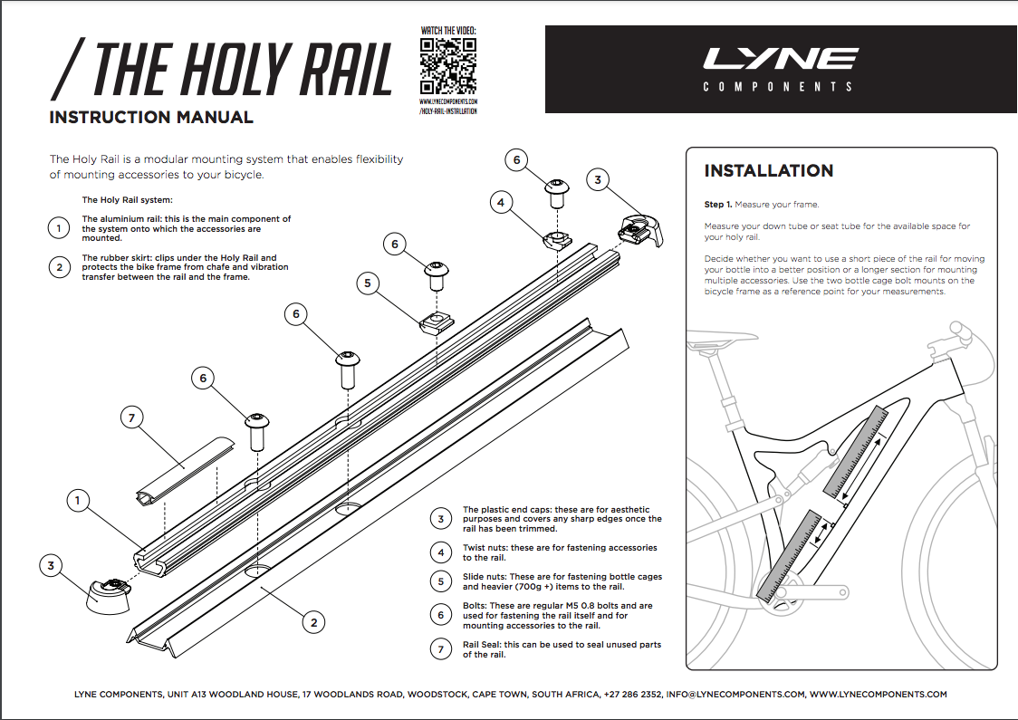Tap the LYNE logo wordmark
point(780,60)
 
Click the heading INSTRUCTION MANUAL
point(151,118)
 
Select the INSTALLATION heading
point(769,171)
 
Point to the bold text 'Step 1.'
point(718,205)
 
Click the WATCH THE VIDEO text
point(448,31)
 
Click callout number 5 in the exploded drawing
point(367,283)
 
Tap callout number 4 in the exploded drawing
point(501,203)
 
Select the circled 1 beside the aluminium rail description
point(59,228)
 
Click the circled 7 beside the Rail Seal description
point(441,649)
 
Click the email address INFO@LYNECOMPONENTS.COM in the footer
point(735,695)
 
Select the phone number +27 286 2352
point(633,695)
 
